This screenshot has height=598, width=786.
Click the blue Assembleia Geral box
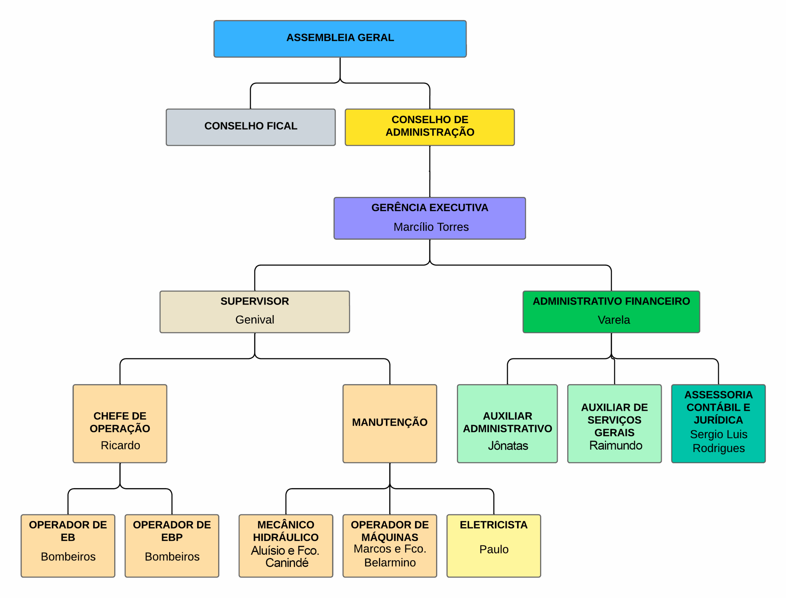(340, 38)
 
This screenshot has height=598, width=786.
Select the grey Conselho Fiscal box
(251, 127)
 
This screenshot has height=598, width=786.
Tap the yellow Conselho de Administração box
(430, 127)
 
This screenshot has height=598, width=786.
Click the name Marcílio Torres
(431, 227)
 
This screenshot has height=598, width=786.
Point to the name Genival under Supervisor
(255, 320)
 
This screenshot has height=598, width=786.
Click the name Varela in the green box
(614, 320)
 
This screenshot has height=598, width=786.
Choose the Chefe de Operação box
(120, 423)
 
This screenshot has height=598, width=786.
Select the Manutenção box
(390, 423)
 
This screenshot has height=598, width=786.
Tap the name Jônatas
(508, 446)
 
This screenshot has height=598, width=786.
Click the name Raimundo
(616, 445)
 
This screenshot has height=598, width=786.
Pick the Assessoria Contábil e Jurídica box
(718, 423)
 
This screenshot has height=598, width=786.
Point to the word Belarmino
(390, 562)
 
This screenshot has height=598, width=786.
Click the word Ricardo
(120, 445)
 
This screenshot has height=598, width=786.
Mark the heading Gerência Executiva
(430, 208)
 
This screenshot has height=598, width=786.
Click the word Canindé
(287, 563)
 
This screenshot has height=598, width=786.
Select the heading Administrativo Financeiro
(611, 301)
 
